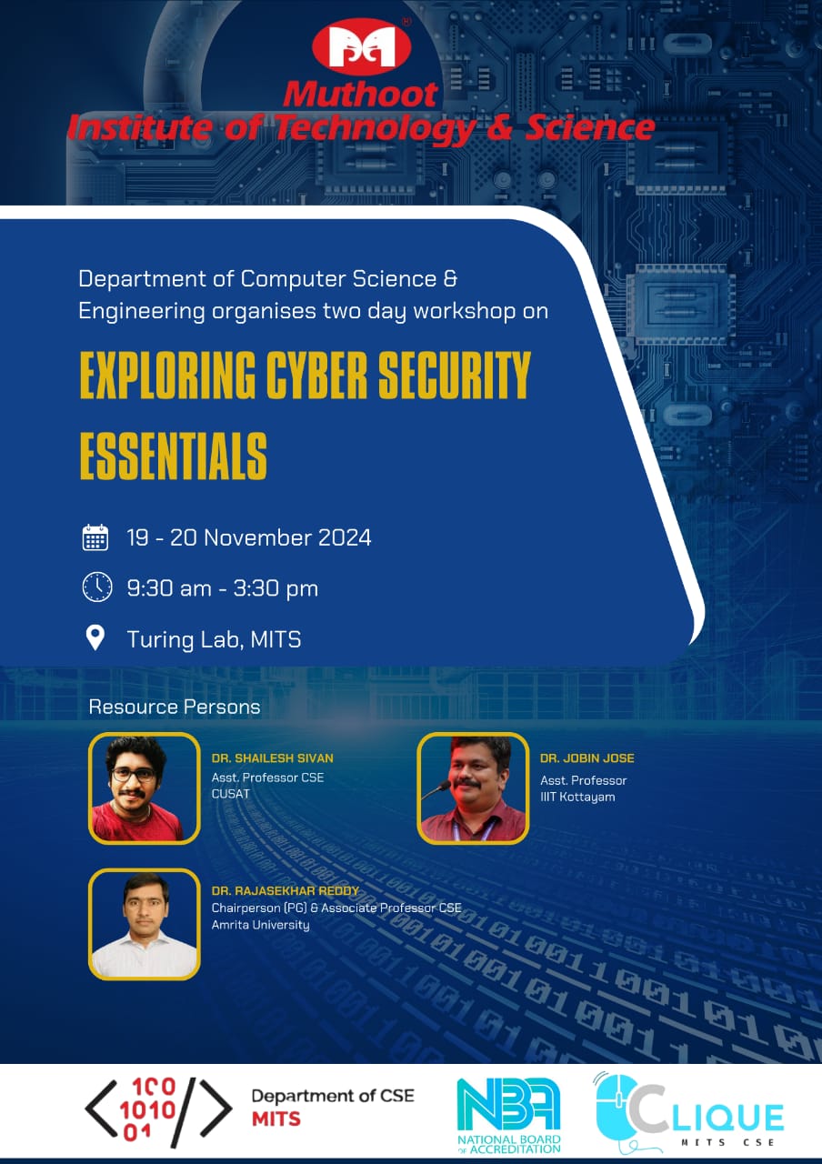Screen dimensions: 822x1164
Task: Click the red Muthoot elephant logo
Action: (x=362, y=46)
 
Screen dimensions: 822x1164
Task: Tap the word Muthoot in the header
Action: (x=361, y=95)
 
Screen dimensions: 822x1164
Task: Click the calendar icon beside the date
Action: (x=95, y=537)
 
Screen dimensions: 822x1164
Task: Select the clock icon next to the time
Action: (x=97, y=587)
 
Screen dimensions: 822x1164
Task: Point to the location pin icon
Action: (x=95, y=637)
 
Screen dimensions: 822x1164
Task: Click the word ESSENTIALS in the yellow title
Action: (x=173, y=457)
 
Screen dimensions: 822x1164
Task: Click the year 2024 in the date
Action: (x=345, y=537)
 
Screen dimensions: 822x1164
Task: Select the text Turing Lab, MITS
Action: (x=214, y=639)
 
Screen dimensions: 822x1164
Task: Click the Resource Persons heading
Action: (x=175, y=707)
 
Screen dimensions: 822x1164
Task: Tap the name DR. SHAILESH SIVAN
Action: (x=272, y=758)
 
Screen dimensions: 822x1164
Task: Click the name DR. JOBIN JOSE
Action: (x=587, y=758)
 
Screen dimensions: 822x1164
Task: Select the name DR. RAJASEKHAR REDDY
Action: (x=286, y=890)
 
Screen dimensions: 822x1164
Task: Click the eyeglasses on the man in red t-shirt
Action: (x=134, y=775)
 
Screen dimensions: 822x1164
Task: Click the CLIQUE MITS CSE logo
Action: (x=689, y=1112)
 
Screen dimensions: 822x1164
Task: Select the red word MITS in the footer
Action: (x=276, y=1119)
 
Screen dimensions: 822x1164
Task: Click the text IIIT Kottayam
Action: (x=577, y=798)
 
